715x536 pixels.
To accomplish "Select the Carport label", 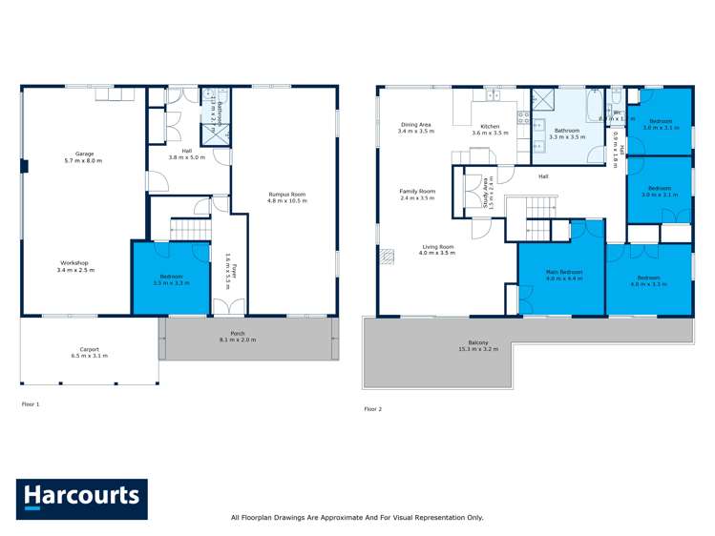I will click(88, 350).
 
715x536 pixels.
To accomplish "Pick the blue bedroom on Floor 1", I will click(171, 278).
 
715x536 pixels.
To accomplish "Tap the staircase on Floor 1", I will click(189, 230).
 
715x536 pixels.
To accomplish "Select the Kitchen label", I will click(490, 126).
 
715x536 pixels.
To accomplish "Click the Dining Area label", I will click(415, 126).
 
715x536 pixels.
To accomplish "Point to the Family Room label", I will click(416, 194).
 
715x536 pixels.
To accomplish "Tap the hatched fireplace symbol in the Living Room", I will click(388, 255).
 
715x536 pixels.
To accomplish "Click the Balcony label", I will click(479, 345).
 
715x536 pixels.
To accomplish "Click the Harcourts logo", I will click(82, 497).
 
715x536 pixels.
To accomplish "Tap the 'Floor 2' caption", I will click(372, 409).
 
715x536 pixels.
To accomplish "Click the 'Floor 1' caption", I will click(31, 404).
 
